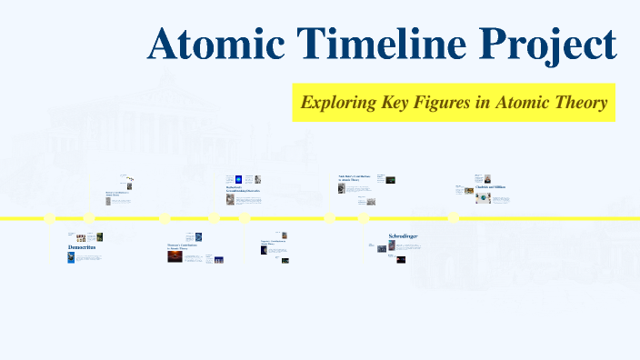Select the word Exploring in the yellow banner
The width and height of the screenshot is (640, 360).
point(341,102)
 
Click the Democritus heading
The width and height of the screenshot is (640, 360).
point(81,247)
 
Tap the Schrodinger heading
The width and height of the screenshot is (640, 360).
point(403,236)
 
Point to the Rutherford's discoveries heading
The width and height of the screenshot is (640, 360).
point(242,189)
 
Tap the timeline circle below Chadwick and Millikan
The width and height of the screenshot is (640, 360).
point(453,217)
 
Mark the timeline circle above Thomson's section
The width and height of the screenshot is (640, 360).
point(165,218)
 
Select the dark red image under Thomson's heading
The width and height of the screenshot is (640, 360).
point(174,257)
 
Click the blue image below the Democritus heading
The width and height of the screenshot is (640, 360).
point(71,257)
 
